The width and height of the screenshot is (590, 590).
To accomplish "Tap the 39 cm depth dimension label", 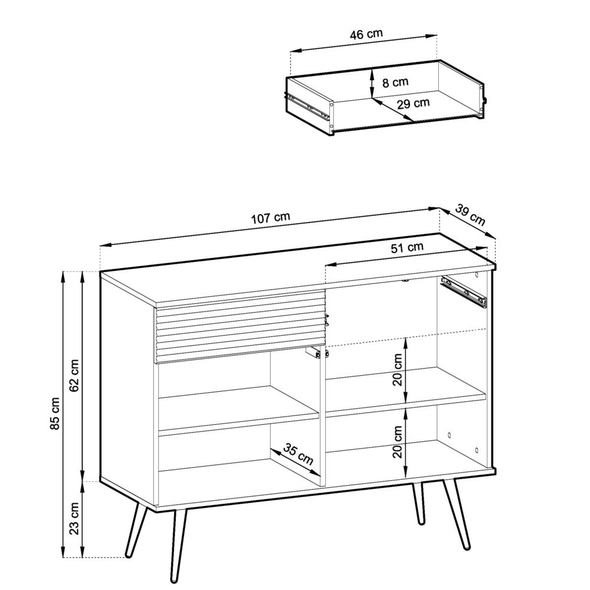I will click(x=471, y=216).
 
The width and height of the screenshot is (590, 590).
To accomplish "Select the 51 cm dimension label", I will click(x=407, y=248).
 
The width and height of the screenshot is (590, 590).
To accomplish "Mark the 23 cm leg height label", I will click(x=75, y=518).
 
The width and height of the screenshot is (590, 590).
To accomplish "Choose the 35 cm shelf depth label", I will click(x=298, y=453).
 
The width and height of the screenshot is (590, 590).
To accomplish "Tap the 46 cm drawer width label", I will click(x=366, y=34).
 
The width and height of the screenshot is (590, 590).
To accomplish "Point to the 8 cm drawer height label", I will click(x=395, y=83).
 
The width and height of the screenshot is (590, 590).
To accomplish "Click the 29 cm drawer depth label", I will click(x=413, y=104).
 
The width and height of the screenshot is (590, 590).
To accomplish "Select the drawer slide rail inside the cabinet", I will click(x=464, y=291).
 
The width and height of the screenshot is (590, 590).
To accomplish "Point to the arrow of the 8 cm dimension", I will click(x=372, y=83).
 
